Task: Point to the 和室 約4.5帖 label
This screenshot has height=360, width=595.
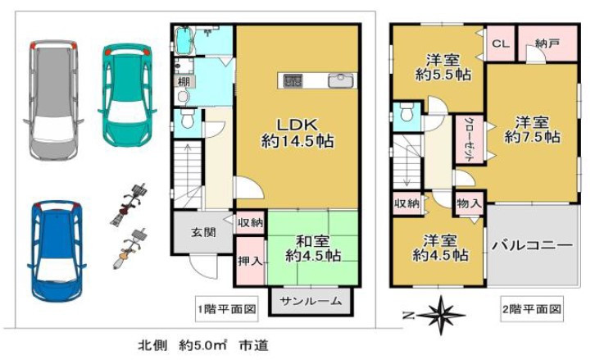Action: tap(313, 248)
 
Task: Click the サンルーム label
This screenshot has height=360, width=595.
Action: tap(311, 301)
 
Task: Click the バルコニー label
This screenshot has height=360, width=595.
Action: tap(532, 245)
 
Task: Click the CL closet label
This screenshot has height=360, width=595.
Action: tap(499, 43)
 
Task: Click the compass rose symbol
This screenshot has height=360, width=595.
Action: tap(440, 312)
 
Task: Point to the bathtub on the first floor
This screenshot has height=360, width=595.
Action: tap(184, 39)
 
